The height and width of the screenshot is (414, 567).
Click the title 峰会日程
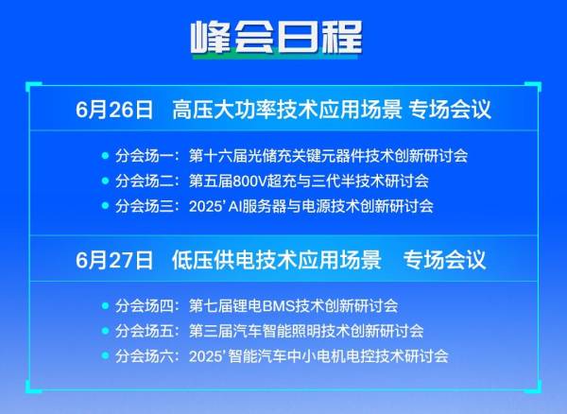276,37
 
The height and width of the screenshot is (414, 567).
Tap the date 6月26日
114,110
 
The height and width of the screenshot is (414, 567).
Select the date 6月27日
114,260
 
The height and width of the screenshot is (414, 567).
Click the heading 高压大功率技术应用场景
287,110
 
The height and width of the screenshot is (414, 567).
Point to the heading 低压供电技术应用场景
277,260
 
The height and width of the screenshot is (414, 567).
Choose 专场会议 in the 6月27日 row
444,260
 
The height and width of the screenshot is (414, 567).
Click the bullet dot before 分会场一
105,155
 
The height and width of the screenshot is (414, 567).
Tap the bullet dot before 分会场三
105,206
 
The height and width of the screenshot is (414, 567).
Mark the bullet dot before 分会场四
105,306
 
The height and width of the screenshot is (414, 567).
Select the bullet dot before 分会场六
105,355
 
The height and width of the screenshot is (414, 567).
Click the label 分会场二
145,181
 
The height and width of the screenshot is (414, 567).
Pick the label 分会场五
145,331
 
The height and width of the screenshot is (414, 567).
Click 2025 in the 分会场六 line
205,356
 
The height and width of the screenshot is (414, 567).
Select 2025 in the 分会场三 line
205,206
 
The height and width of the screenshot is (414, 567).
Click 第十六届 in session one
218,155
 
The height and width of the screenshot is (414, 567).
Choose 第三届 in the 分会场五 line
211,331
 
